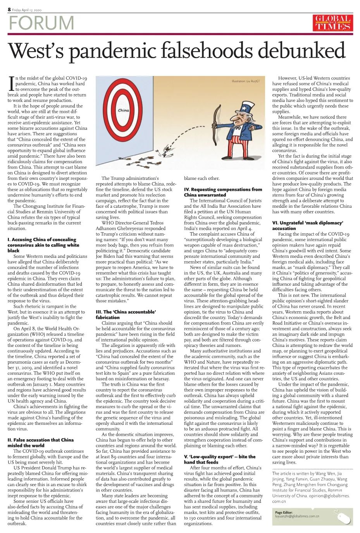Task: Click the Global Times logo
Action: click(x=332, y=23)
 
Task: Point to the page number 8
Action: click(x=9, y=9)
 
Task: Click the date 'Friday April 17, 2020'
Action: click(x=26, y=10)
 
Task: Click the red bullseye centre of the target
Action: click(x=124, y=110)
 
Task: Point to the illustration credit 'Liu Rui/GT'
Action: click(x=245, y=81)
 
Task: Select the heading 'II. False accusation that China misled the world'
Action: click(x=40, y=442)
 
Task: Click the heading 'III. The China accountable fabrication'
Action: click(x=126, y=314)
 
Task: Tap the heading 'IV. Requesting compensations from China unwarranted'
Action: click(x=223, y=192)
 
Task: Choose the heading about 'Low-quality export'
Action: click(x=220, y=459)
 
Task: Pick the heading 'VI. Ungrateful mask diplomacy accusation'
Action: click(x=308, y=226)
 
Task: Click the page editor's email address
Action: click(x=297, y=516)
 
